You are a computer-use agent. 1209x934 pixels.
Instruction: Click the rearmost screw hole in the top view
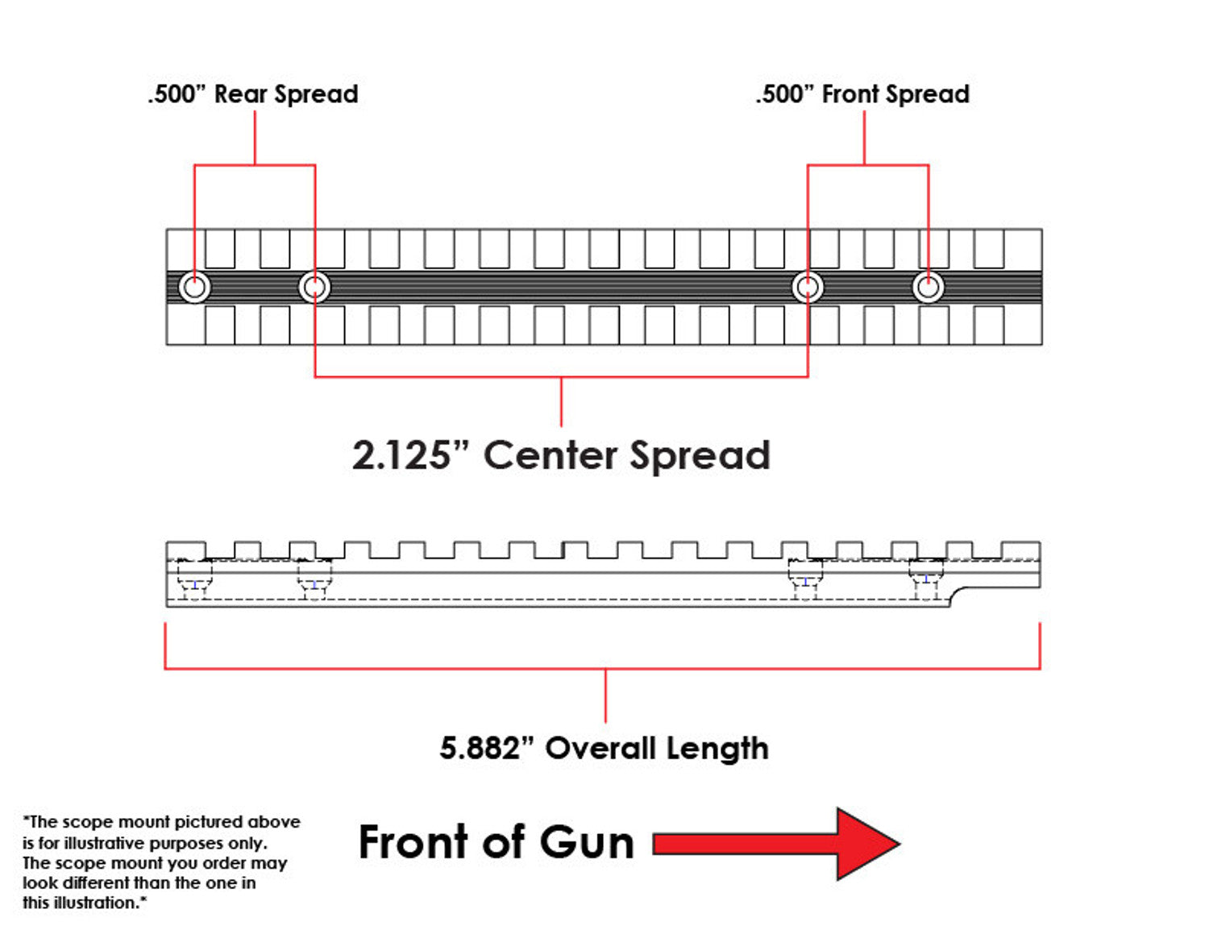pos(194,287)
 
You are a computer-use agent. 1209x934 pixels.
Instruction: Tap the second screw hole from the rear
pos(314,287)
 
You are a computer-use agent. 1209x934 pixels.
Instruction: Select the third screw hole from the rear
pos(808,287)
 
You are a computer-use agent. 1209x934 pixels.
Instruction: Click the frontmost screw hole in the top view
pos(928,287)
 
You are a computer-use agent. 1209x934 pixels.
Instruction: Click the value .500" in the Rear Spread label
pos(177,94)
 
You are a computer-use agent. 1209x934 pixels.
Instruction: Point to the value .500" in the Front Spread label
pos(784,94)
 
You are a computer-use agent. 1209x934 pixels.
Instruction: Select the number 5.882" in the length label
pos(487,749)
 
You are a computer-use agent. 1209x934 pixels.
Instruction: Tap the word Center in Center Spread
pos(551,455)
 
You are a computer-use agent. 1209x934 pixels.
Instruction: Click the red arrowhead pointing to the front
pos(866,844)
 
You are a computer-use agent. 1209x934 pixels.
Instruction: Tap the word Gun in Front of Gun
pos(587,843)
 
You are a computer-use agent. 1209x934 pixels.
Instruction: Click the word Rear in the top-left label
pos(241,94)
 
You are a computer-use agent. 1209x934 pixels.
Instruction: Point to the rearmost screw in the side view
pos(194,579)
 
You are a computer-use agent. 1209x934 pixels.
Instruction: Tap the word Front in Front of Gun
pos(411,843)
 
